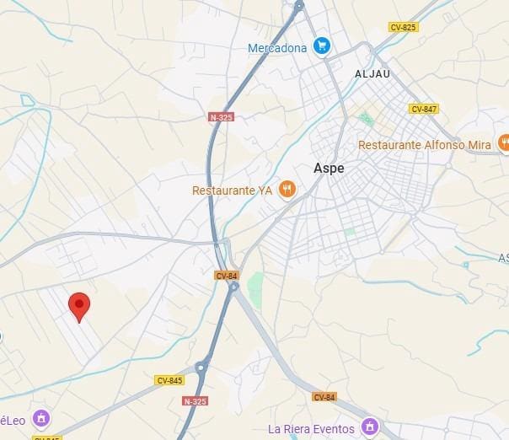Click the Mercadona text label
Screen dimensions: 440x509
point(276,48)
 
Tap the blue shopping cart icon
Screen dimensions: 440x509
point(321,46)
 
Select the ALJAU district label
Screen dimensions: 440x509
point(372,74)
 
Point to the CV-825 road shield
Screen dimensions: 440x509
point(403,28)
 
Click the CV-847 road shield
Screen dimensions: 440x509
point(423,109)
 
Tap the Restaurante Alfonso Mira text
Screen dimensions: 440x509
point(424,145)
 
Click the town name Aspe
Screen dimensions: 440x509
point(329,168)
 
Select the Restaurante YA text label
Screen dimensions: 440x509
point(232,190)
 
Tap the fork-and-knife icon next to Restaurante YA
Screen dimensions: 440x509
point(287,189)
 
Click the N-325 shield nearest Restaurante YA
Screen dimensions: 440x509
point(221,117)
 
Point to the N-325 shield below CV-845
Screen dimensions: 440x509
point(196,401)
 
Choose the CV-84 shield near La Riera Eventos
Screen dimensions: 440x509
point(324,397)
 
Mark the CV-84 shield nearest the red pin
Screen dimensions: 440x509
point(227,276)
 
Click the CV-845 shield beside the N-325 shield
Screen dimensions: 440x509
point(169,380)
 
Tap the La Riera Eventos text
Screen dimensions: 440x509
point(310,429)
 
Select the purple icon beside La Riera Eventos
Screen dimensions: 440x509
point(368,427)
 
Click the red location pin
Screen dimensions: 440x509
point(79,307)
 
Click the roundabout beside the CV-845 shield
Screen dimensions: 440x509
point(201,367)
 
